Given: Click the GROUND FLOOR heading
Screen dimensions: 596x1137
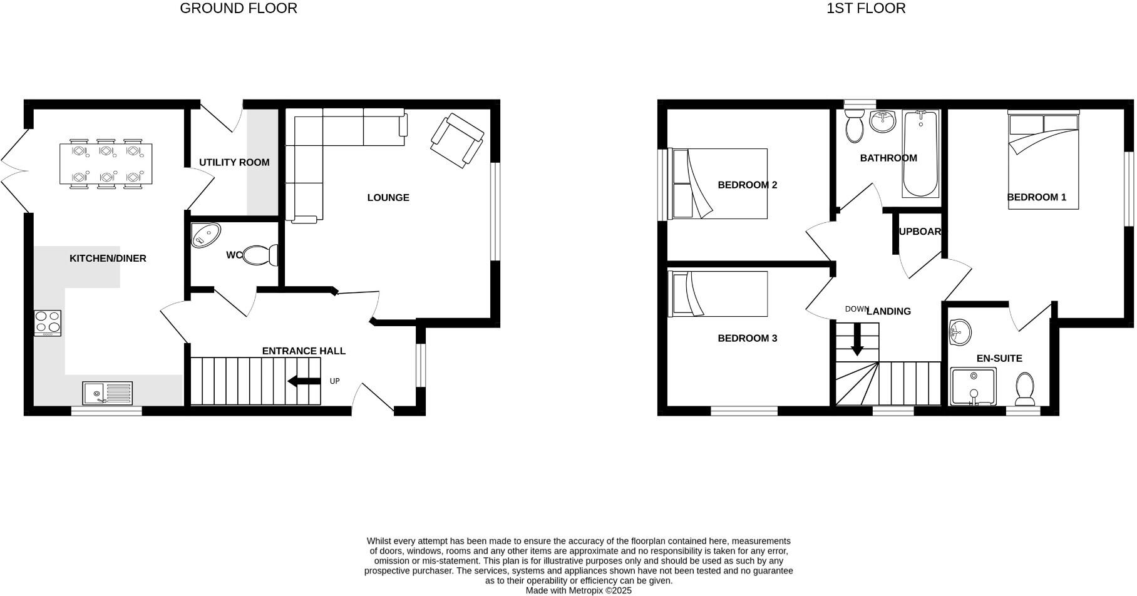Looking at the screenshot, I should pyautogui.click(x=238, y=8).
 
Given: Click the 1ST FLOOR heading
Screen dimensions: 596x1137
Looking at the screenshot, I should pyautogui.click(x=865, y=8).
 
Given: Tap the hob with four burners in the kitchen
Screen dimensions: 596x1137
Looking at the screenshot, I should pyautogui.click(x=48, y=322).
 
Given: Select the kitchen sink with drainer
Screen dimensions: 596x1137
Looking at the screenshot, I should pyautogui.click(x=107, y=393).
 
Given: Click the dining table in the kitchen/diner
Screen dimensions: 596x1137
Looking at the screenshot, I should pyautogui.click(x=105, y=163).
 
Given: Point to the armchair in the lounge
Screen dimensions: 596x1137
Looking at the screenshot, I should pyautogui.click(x=457, y=140).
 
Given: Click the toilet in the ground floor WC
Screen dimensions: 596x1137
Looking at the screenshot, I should pyautogui.click(x=260, y=255).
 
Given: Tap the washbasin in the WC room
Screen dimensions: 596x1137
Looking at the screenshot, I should pyautogui.click(x=205, y=235).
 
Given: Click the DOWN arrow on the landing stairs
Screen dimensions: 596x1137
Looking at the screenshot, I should pyautogui.click(x=857, y=339).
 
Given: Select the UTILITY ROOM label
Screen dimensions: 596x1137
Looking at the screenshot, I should pyautogui.click(x=234, y=162).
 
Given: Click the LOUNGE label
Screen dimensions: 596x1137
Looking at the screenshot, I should pyautogui.click(x=388, y=197).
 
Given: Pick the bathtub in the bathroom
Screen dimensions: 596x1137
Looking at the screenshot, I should pyautogui.click(x=920, y=153).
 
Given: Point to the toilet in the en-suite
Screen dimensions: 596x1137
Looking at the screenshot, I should pyautogui.click(x=1025, y=389).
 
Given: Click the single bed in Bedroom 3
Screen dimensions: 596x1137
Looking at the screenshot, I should pyautogui.click(x=719, y=294).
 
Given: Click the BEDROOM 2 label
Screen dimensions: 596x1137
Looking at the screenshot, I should pyautogui.click(x=747, y=185).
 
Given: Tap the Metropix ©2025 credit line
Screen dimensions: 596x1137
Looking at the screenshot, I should pyautogui.click(x=579, y=590).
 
